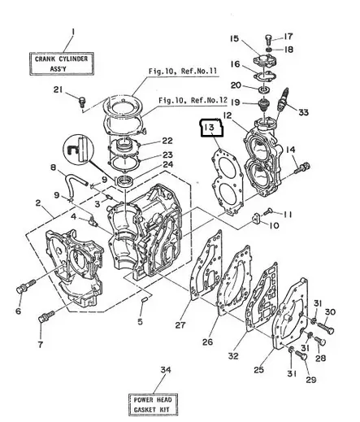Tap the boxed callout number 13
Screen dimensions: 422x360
click(210, 128)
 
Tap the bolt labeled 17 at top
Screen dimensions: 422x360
click(269, 39)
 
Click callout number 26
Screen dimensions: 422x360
click(208, 342)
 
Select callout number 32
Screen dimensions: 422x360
click(233, 355)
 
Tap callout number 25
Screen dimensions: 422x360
click(259, 370)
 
